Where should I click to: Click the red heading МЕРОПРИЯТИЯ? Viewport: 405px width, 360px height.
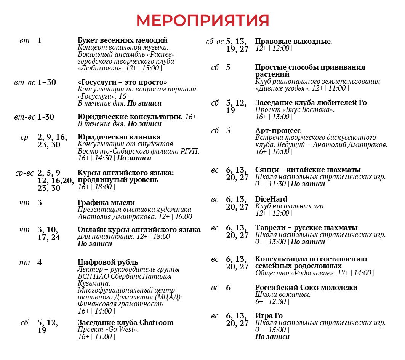click(202, 21)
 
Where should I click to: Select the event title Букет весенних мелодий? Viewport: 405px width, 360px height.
click(122, 40)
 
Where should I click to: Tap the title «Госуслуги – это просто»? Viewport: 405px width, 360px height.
click(122, 82)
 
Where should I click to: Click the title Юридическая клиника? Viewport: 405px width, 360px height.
click(119, 137)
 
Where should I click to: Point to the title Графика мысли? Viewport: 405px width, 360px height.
click(106, 203)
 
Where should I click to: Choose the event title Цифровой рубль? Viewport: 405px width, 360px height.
click(108, 262)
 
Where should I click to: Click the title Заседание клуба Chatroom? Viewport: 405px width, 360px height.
click(125, 323)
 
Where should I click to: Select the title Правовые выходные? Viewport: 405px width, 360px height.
click(293, 42)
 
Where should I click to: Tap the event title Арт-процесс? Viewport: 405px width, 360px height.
click(278, 131)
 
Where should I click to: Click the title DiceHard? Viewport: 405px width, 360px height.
click(271, 199)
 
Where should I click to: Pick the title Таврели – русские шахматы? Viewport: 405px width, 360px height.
click(306, 228)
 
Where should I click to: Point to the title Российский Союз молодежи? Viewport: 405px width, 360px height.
click(306, 288)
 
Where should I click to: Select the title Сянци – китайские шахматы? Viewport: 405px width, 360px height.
click(308, 170)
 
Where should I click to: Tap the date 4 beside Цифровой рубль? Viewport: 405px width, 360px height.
click(40, 262)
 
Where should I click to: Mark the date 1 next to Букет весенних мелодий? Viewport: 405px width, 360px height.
click(40, 40)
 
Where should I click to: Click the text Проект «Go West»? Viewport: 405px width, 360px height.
click(108, 330)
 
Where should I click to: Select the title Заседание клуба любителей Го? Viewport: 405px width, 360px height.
click(311, 103)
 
